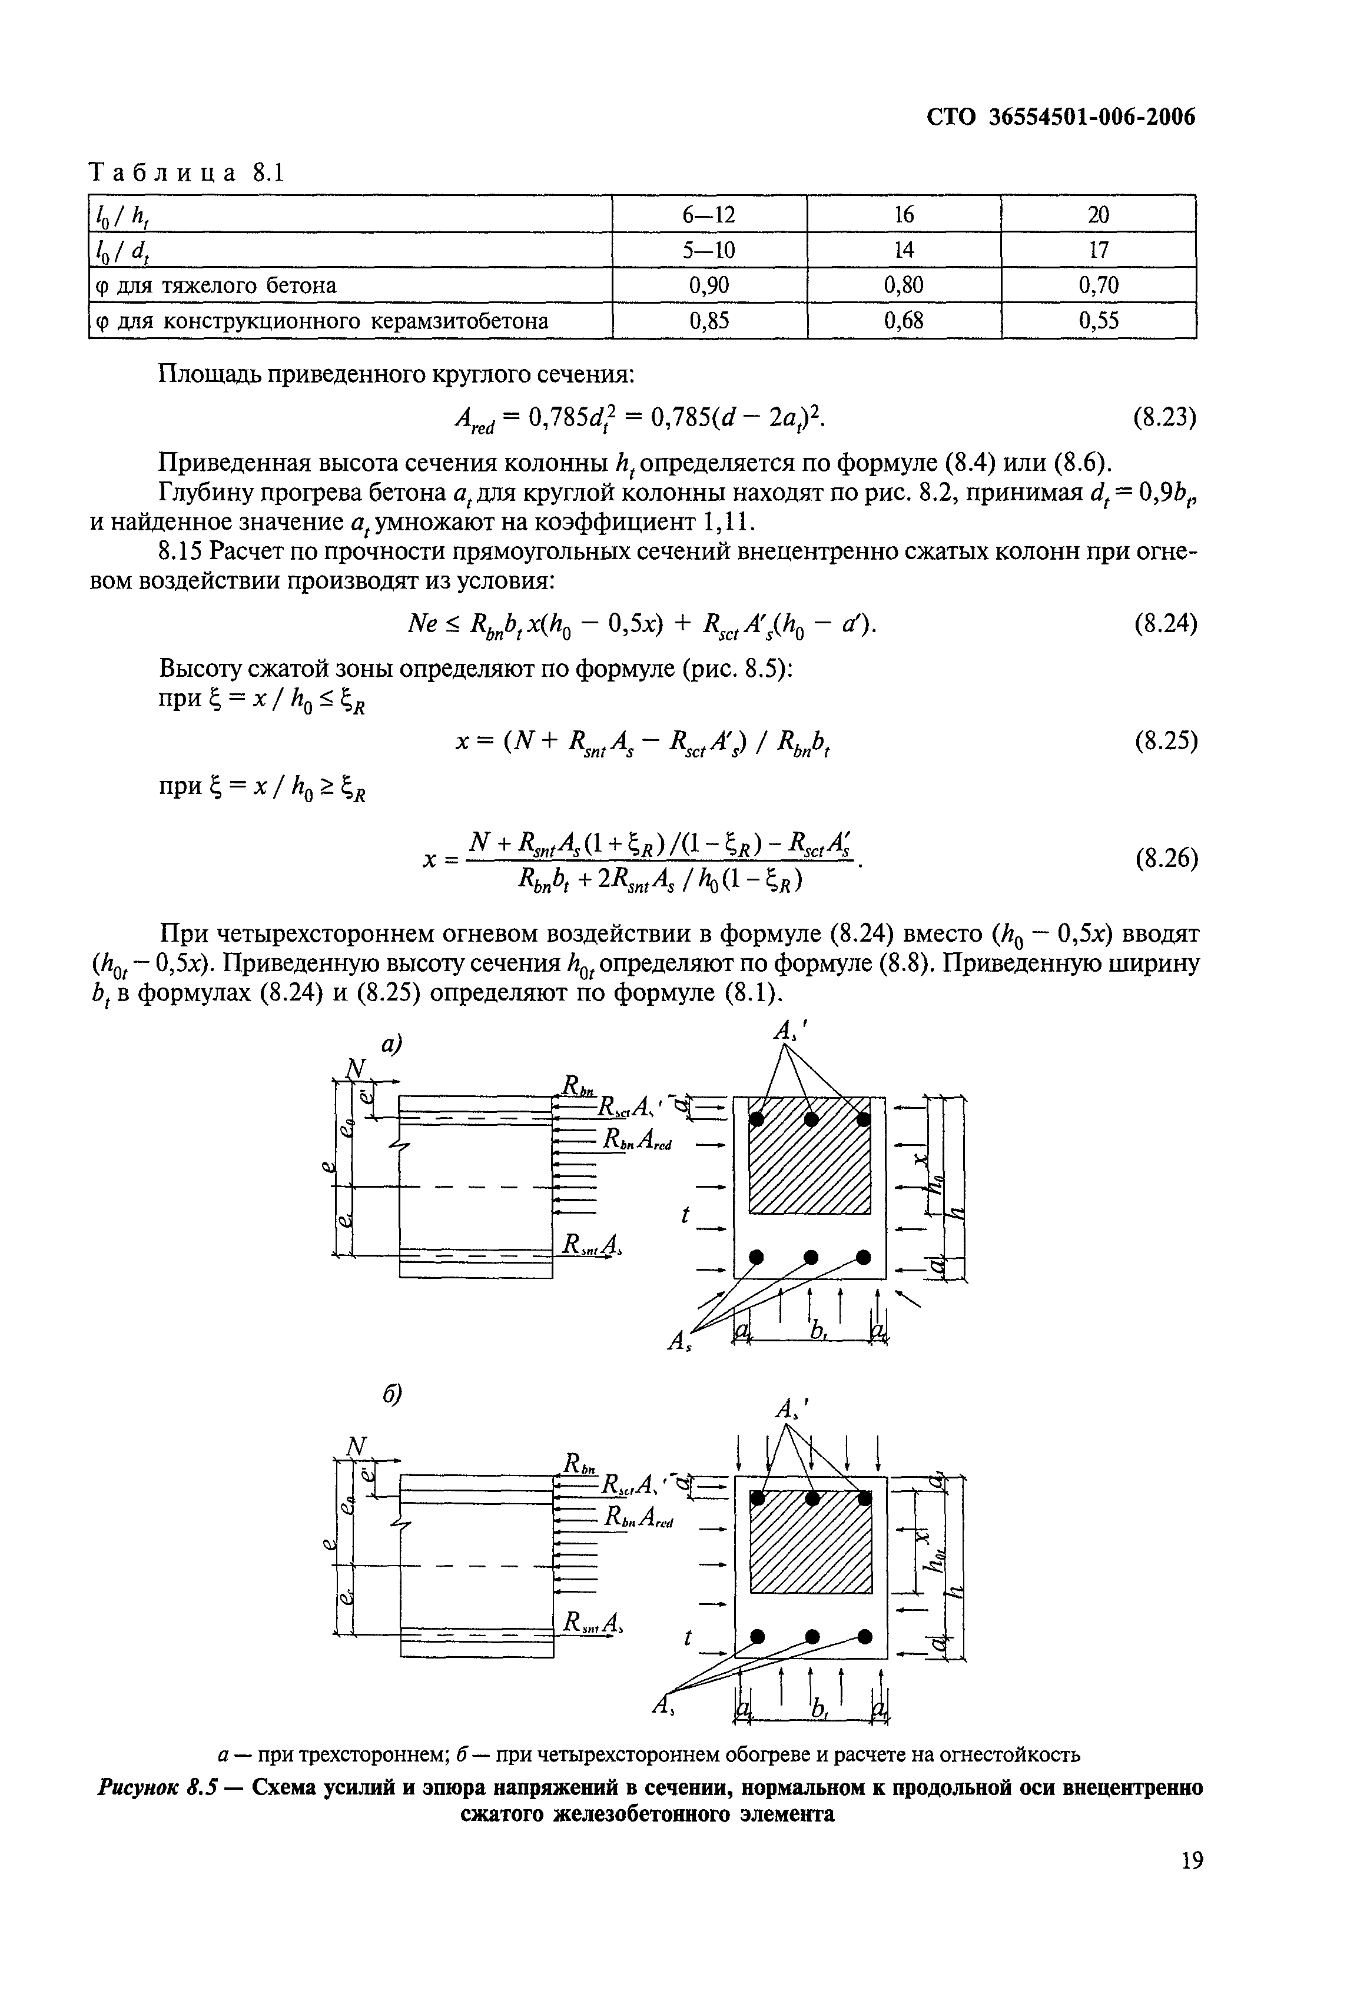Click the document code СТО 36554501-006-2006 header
click(1061, 117)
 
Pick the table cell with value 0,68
click(903, 321)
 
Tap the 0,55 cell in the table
click(1098, 321)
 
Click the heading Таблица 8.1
click(186, 173)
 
